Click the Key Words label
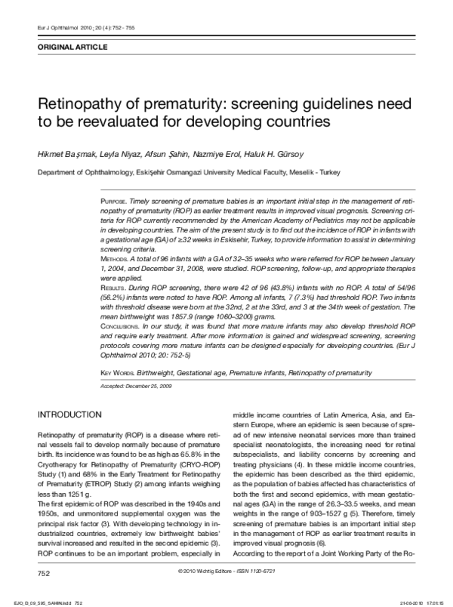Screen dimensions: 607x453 [118, 374]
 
